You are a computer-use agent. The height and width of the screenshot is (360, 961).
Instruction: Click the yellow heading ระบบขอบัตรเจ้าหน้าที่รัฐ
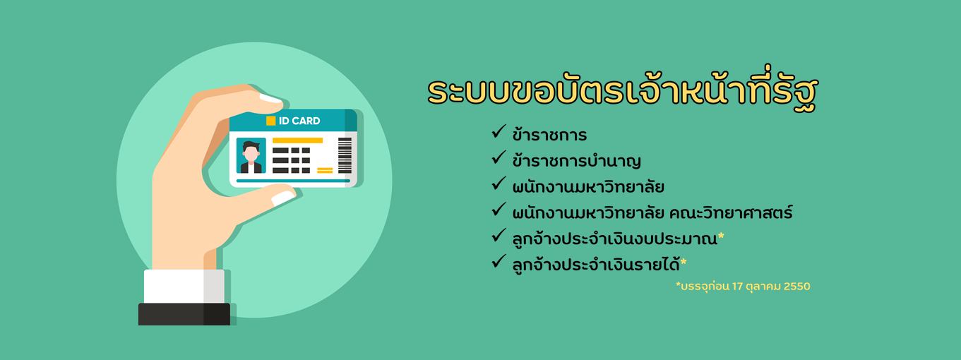point(622,91)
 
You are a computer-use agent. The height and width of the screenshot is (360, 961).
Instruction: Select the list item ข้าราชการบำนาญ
point(577,161)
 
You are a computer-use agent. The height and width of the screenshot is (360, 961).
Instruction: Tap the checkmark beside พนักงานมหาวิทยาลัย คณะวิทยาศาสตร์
point(499,210)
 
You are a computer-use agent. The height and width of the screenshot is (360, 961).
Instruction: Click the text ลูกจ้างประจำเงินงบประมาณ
point(615,238)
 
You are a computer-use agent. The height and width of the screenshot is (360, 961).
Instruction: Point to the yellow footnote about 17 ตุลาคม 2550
point(743,286)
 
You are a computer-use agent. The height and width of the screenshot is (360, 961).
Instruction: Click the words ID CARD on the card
point(299,121)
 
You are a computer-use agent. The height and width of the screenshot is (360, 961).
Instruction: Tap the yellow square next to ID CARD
point(270,121)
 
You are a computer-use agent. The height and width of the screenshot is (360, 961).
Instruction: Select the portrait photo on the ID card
point(251,155)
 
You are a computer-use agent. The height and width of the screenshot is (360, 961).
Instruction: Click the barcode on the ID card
point(345,155)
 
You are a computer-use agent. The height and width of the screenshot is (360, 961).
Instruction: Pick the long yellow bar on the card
point(297,140)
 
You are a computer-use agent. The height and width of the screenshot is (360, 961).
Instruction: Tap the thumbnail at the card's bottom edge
point(283,198)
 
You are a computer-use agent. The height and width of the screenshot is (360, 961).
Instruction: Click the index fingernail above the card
point(271,99)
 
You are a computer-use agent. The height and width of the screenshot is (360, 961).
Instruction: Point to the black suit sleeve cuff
point(184,314)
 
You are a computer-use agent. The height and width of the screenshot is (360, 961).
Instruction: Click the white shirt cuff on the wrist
point(184,286)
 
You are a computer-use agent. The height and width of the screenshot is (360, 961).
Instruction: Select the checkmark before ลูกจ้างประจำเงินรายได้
point(499,261)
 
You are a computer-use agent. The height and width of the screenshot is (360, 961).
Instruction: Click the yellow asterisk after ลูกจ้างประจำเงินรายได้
point(684,261)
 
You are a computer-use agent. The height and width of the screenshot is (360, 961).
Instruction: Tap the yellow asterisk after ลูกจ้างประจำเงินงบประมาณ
point(721,236)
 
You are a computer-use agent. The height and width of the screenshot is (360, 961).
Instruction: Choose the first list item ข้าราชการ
point(549,135)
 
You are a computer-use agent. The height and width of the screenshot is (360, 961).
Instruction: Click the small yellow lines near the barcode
point(325,170)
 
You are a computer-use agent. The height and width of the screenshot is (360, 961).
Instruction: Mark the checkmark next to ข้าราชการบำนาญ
point(499,158)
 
